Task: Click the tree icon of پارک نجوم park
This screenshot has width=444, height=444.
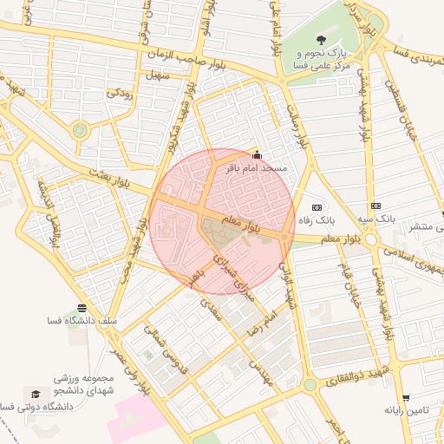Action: (322, 40)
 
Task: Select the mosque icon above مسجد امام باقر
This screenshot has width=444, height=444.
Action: (255, 156)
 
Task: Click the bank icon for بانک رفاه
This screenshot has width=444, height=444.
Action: (317, 207)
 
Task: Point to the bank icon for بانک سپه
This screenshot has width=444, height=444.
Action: (375, 206)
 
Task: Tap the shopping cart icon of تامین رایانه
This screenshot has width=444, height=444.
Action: (406, 397)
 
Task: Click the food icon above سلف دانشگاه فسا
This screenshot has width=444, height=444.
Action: (82, 308)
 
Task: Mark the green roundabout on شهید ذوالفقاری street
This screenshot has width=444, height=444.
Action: (310, 384)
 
